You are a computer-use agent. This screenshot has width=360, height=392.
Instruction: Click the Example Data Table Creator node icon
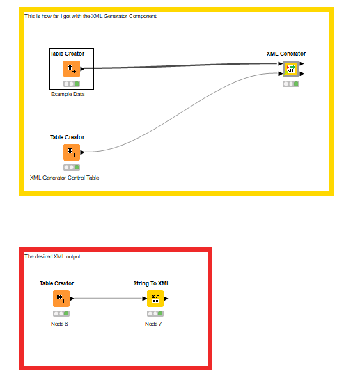pos(72,69)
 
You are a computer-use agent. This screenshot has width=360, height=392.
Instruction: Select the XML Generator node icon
pos(291,69)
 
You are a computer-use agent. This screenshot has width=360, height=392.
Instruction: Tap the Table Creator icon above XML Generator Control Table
pos(72,152)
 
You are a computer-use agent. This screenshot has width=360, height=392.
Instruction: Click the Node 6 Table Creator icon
pos(61,299)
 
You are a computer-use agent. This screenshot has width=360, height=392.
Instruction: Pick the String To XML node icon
pos(155,299)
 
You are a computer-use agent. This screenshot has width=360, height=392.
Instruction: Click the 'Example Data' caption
pos(68,94)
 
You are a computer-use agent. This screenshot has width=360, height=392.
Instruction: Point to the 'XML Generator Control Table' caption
pos(65,178)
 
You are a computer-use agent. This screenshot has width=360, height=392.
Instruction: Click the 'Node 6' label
pos(59,324)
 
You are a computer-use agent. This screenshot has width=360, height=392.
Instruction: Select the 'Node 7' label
pos(153,324)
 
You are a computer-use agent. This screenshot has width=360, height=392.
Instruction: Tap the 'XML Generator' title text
pos(286,54)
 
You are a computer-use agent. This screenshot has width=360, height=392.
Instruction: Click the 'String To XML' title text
pos(152,283)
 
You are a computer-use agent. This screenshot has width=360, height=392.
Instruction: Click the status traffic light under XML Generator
pos(291,84)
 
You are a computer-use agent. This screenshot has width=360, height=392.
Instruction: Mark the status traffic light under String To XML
pos(155,313)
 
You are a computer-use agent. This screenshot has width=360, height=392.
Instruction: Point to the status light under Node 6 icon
pos(61,313)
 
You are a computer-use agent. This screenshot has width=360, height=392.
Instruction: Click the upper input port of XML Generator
pos(281,64)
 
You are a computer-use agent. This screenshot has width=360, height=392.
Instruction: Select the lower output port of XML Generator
pos(302,74)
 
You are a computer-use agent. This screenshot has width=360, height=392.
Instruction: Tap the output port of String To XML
pos(166,299)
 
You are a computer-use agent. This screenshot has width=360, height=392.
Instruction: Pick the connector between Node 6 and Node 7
pos(108,298)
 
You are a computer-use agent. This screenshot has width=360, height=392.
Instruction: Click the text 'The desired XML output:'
pos(53,256)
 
